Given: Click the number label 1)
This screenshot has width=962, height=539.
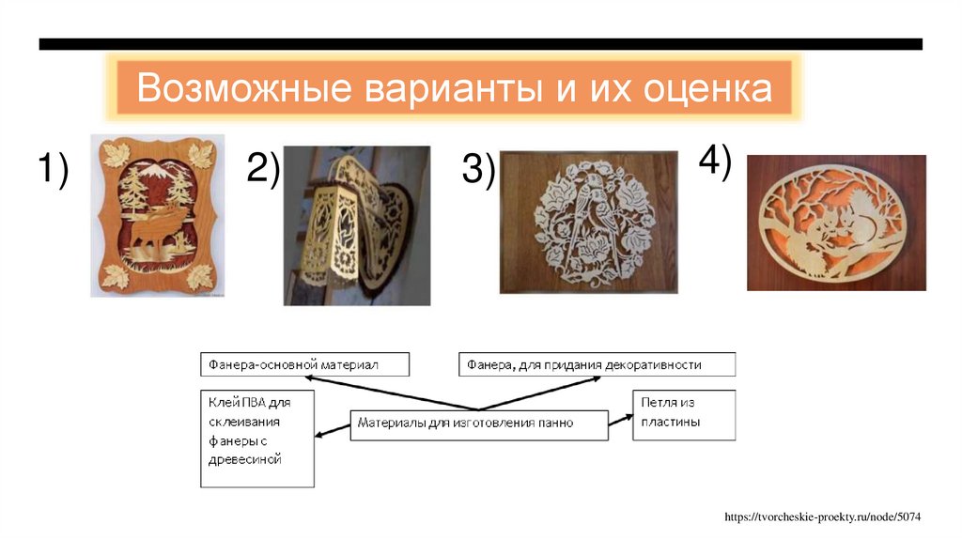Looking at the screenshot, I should (x=54, y=172).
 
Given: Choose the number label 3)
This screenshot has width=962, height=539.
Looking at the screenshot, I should (x=478, y=171).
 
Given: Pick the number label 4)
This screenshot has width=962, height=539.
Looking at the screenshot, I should (x=715, y=162).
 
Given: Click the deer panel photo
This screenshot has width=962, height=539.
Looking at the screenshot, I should (x=158, y=216).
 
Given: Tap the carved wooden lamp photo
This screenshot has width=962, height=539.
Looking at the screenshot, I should (x=357, y=225).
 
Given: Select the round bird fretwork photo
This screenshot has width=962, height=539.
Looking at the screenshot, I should (x=588, y=222).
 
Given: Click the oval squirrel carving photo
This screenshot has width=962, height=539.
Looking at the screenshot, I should (x=836, y=222).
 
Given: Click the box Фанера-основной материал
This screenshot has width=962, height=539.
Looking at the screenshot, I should (x=304, y=364).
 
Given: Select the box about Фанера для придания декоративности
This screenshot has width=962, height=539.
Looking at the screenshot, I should (x=597, y=364).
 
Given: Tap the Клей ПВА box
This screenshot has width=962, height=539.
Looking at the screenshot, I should (x=256, y=438).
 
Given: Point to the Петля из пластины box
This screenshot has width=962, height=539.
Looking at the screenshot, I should (x=683, y=414).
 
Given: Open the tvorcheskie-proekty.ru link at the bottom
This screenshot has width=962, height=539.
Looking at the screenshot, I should (x=821, y=517).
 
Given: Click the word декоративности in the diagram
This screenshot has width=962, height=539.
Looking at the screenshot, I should (x=653, y=364).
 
